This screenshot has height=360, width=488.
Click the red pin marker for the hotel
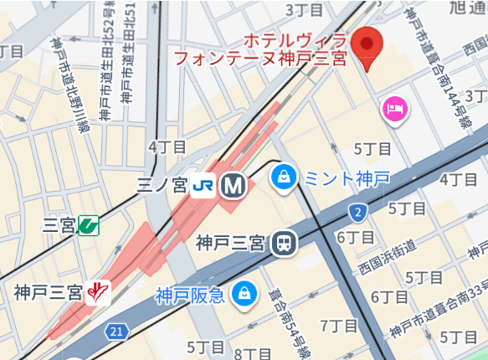pyautogui.click(x=367, y=47)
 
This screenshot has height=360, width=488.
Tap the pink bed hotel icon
pyautogui.click(x=395, y=108)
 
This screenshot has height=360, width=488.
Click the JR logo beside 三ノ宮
pyautogui.click(x=203, y=185)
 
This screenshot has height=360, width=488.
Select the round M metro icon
pyautogui.click(x=232, y=185)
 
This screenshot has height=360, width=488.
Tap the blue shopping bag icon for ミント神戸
pyautogui.click(x=283, y=177)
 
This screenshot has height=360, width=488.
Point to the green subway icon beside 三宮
pyautogui.click(x=88, y=224)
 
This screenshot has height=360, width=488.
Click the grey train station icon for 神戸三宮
pyautogui.click(x=285, y=243)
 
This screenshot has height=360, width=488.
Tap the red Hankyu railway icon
pyautogui.click(x=100, y=292)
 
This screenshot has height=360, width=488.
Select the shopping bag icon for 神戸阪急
pyautogui.click(x=244, y=294)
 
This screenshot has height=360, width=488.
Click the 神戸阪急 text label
pyautogui.click(x=189, y=295)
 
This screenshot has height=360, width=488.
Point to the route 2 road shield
pyautogui.click(x=358, y=210)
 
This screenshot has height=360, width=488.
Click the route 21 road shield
pyautogui.click(x=118, y=332)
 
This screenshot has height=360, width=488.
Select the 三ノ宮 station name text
pyautogui.click(x=162, y=185)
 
